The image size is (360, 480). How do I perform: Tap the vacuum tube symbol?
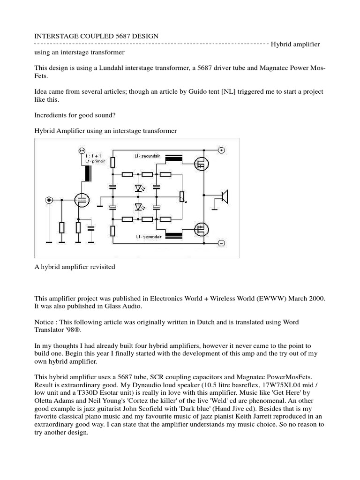click(x=82, y=201)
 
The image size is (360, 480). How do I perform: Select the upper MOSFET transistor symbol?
click(x=202, y=163)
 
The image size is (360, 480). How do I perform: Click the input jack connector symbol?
click(x=48, y=201)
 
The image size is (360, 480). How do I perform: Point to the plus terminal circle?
click(x=221, y=150)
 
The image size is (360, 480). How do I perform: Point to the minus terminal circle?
click(x=221, y=243)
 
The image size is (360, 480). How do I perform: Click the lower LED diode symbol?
click(x=138, y=207)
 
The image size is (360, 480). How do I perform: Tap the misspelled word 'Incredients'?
click(x=52, y=115)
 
